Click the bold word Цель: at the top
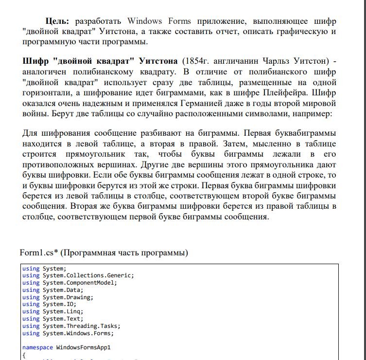tap(57, 21)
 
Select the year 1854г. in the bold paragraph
tap(196, 62)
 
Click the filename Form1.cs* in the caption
tap(39, 253)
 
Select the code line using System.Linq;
tap(52, 311)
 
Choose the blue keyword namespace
tap(37, 348)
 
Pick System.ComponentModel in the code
tap(79, 282)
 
